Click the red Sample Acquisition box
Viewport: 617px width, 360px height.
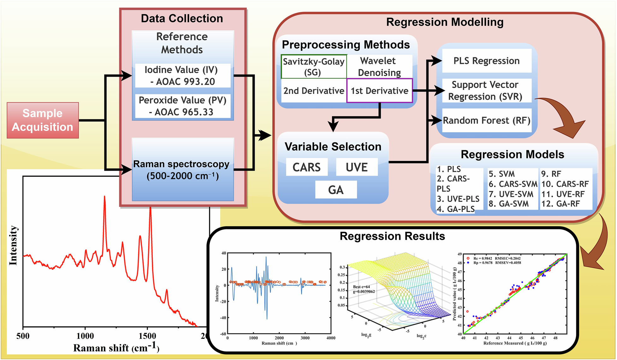coord(43,120)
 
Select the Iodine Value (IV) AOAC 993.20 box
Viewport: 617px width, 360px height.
coord(183,76)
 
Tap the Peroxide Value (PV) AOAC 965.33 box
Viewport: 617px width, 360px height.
coord(183,106)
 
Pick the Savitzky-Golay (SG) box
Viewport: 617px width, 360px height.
coord(314,67)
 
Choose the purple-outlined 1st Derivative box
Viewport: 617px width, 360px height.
coord(379,91)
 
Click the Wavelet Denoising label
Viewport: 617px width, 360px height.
coord(379,67)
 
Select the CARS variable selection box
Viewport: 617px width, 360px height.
coord(306,167)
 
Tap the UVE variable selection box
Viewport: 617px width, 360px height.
coord(357,167)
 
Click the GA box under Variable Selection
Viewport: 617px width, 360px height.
coord(336,190)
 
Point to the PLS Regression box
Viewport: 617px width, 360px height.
coord(486,61)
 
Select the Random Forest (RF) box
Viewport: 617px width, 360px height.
coord(486,121)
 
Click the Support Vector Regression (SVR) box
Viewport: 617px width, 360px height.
coord(485,91)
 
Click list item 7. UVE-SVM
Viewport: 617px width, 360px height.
coord(511,194)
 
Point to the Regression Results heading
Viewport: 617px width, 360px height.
coord(392,236)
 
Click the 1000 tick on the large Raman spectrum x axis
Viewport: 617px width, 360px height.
coord(85,336)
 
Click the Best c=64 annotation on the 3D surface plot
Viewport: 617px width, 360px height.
coord(362,287)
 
